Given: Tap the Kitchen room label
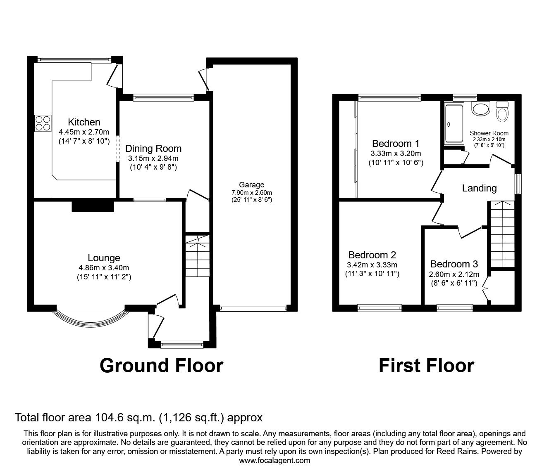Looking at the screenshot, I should (84, 122).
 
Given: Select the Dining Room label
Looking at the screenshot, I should (153, 149).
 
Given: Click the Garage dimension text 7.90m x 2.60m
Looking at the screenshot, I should (251, 193).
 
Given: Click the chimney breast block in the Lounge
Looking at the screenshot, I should (93, 206).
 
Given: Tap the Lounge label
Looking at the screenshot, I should (104, 258).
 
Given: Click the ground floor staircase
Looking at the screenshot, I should (197, 256).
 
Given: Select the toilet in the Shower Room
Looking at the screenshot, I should (502, 112).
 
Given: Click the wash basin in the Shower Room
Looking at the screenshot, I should (480, 109).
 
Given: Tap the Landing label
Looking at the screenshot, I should (479, 188).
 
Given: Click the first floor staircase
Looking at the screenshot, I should (501, 235).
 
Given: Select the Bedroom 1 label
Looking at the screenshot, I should (396, 144).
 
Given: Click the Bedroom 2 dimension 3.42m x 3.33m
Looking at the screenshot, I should (372, 265).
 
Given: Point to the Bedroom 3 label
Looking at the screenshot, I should (454, 264).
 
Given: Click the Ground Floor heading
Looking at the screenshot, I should (161, 366).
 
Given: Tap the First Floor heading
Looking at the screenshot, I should (426, 366).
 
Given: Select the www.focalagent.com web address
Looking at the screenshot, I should (274, 461).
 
